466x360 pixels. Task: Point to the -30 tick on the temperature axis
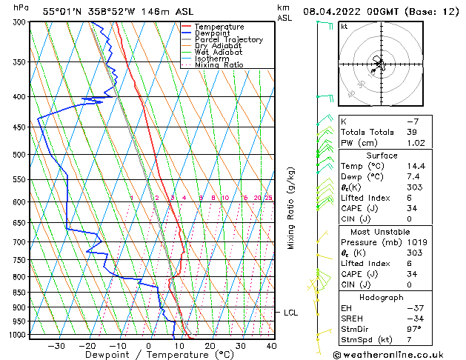point(56,345)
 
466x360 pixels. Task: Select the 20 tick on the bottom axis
point(210,345)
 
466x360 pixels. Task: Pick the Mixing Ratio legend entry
point(219,65)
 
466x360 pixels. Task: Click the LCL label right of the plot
point(290,313)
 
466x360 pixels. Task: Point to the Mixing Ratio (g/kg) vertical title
point(291,208)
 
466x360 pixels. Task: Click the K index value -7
point(413,121)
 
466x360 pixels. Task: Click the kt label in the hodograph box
point(344,27)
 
